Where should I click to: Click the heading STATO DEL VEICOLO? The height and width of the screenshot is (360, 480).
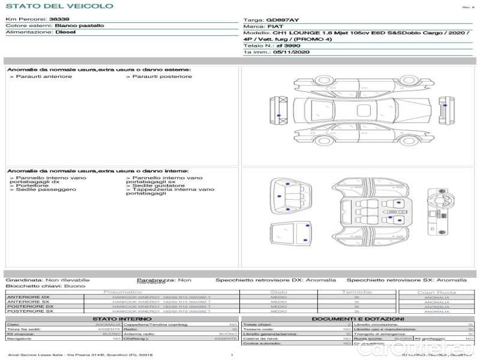[x=59, y=6]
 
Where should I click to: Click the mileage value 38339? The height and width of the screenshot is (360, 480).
[x=59, y=20]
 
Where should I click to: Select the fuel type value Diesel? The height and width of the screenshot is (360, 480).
[x=65, y=33]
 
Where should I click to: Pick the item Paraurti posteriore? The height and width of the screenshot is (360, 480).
[x=161, y=77]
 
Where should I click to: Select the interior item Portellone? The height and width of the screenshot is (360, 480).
[x=29, y=185]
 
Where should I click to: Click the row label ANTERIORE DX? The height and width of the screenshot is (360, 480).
[x=29, y=298]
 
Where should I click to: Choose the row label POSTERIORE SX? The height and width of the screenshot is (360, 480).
[x=30, y=311]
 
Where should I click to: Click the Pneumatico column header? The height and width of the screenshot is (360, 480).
[x=123, y=292]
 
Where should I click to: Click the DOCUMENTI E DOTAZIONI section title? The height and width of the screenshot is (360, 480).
[x=357, y=319]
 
